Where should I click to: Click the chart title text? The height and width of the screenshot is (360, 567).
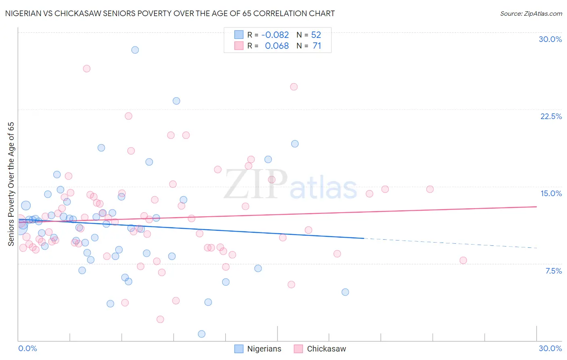pos(170,13)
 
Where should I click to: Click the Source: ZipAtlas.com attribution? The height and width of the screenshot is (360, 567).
pos(531,13)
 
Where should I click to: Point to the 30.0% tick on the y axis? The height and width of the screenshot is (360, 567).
pos(550,39)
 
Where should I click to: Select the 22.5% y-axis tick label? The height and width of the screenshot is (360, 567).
pos(551,116)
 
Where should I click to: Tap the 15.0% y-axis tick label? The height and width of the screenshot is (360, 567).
pos(551,193)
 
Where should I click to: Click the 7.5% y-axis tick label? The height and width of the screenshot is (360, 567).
pos(553,271)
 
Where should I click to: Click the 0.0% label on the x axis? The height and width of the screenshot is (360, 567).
pos(27,348)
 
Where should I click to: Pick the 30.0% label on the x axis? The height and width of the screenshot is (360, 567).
pos(550,348)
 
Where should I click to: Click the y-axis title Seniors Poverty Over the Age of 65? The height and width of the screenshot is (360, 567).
pos(11,184)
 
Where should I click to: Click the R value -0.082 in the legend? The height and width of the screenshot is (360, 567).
pos(275,35)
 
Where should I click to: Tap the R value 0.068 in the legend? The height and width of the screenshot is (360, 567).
pos(277,46)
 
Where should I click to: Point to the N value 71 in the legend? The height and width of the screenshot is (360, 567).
pos(317,46)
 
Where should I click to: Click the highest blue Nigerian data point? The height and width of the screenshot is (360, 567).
pos(135,50)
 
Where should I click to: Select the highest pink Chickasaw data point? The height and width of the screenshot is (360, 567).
pos(87,69)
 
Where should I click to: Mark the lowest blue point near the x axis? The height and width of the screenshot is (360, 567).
pos(202,334)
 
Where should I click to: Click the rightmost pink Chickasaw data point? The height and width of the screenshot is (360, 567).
pos(463,260)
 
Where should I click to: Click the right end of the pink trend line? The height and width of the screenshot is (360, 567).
pos(536,207)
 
